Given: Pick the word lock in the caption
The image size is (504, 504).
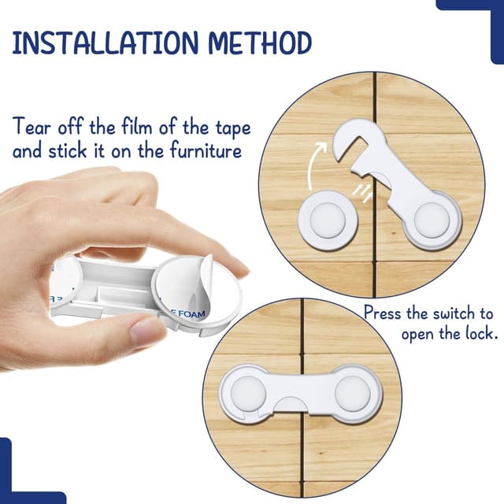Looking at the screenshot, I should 480,334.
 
